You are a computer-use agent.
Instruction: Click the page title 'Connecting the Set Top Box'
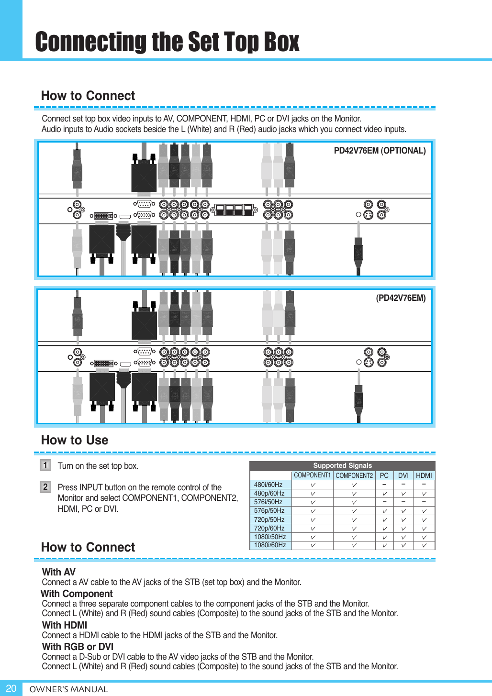coord(167,42)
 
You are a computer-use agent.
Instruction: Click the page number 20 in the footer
coord(11,688)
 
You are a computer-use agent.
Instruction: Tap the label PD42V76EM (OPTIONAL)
coord(380,151)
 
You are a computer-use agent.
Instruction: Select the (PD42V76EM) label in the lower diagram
coord(401,298)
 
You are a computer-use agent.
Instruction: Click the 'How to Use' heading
coord(75,440)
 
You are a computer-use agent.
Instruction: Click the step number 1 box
coord(45,465)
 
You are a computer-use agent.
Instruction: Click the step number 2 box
coord(45,487)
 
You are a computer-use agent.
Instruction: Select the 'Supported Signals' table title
coord(342,465)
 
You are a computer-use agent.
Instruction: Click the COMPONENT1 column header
coord(312,475)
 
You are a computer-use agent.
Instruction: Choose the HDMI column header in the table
coord(424,475)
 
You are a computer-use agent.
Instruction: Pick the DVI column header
coord(403,475)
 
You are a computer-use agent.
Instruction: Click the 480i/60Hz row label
coord(268,485)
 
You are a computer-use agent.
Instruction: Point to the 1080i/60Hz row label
coord(270,545)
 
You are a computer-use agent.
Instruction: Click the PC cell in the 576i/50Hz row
coord(384,502)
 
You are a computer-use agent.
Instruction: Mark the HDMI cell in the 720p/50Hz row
coord(424,519)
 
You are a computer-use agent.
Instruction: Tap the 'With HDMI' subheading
coord(65,625)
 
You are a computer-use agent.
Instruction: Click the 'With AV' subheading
coord(59,572)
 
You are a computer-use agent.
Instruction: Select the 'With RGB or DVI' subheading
coord(78,647)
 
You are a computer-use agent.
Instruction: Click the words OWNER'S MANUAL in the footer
coord(68,689)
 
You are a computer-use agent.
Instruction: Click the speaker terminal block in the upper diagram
coord(234,210)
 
